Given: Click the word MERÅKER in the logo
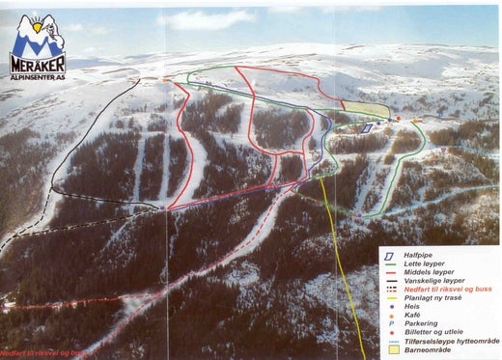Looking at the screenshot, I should click(42, 64).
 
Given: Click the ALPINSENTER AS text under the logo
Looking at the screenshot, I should click(42, 76).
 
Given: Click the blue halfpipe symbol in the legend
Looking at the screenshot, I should click(390, 250).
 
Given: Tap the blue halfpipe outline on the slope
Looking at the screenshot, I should click(367, 127).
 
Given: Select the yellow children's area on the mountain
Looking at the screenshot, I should click(364, 111).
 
